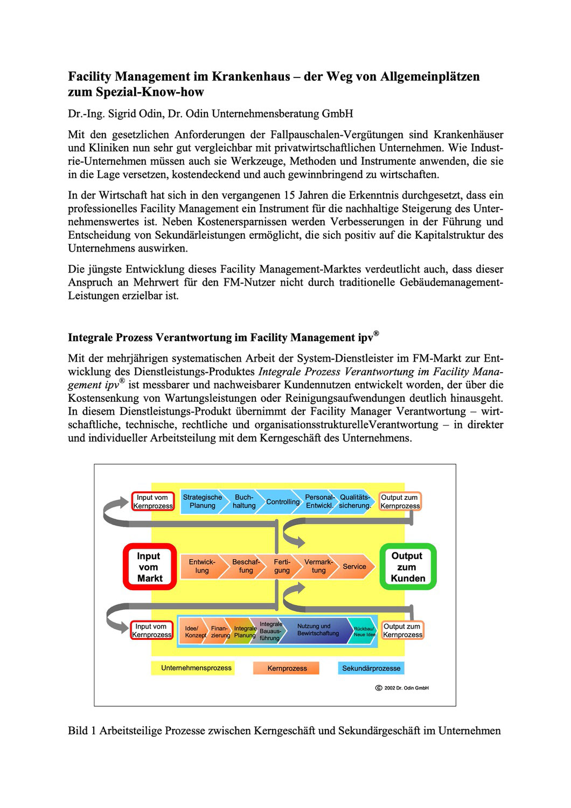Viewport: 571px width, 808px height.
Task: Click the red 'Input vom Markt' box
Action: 149,567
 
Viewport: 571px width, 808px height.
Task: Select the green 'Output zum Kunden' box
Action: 407,567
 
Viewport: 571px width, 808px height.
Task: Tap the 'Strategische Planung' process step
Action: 202,501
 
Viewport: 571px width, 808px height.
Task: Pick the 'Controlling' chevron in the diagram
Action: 283,501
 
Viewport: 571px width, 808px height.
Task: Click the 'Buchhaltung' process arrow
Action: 244,501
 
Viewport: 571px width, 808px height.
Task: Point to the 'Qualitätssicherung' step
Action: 355,501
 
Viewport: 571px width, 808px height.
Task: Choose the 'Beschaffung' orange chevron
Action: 246,566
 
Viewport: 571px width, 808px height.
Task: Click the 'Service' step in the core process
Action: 354,566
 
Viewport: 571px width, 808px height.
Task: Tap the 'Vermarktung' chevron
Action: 318,566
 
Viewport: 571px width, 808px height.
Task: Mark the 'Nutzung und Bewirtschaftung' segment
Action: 318,630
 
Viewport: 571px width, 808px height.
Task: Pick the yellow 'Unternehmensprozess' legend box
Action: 196,668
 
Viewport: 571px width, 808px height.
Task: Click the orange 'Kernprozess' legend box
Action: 287,668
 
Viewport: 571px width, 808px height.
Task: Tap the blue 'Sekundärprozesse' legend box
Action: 371,668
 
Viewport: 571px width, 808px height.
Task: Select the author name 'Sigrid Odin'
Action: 142,114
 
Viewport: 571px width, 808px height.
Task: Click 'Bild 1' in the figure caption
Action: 82,731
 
